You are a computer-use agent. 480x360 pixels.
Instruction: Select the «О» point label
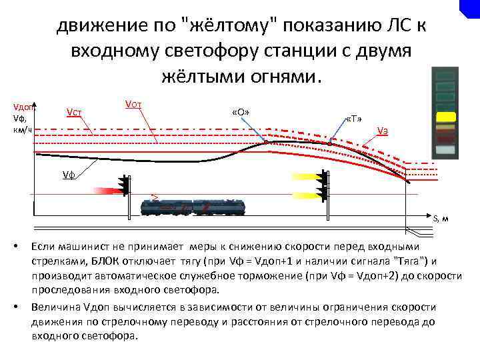(x=241, y=111)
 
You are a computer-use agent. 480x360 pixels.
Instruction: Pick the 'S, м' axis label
(x=440, y=219)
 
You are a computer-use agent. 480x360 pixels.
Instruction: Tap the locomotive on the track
(x=193, y=207)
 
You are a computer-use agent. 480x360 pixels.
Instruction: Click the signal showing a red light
(x=124, y=186)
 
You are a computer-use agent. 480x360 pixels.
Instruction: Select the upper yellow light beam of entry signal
(x=304, y=177)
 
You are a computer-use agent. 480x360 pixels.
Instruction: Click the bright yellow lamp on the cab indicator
(x=445, y=117)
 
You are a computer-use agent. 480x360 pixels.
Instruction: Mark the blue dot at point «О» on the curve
(x=266, y=142)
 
